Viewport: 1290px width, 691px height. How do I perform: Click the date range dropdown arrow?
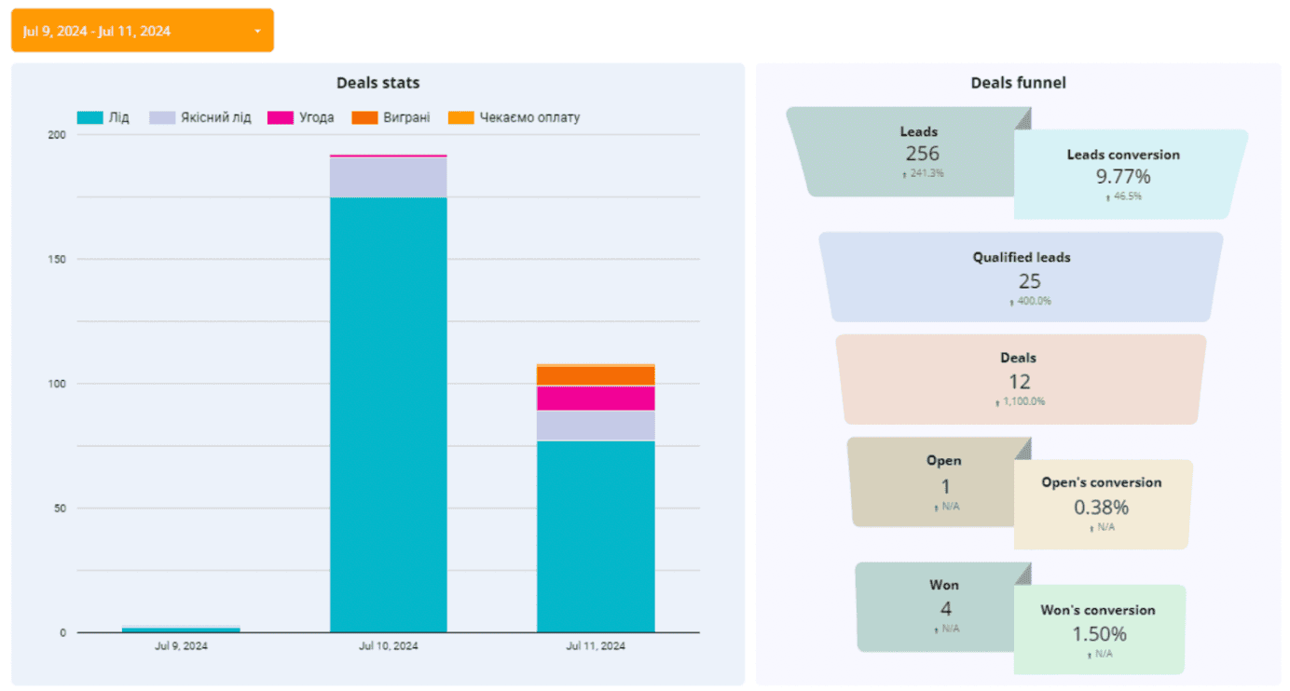[x=257, y=32]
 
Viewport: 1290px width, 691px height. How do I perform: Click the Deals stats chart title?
[x=377, y=83]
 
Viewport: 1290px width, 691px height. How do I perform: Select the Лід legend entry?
[x=103, y=118]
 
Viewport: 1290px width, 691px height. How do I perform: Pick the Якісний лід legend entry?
[x=200, y=118]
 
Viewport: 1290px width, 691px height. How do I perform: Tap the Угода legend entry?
[x=300, y=118]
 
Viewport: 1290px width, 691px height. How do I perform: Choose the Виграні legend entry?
[x=391, y=118]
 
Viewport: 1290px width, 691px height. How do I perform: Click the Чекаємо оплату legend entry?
[x=514, y=118]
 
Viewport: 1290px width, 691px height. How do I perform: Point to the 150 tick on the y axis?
[x=58, y=259]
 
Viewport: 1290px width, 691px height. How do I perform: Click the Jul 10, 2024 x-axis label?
[x=389, y=645]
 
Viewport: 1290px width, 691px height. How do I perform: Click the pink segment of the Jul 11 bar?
[x=596, y=398]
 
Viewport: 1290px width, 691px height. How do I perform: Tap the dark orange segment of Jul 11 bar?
[x=596, y=375]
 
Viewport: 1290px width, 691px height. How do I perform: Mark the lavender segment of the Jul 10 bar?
[x=389, y=177]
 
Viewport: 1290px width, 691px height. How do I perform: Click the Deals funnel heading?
[x=1018, y=83]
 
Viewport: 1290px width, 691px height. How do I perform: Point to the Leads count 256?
[x=922, y=154]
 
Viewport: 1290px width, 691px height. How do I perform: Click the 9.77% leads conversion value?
[x=1123, y=176]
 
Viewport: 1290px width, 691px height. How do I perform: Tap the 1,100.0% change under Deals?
[x=1021, y=402]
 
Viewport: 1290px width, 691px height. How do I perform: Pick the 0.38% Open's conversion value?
[x=1101, y=508]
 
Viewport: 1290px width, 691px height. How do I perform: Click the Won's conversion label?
[x=1098, y=611]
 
